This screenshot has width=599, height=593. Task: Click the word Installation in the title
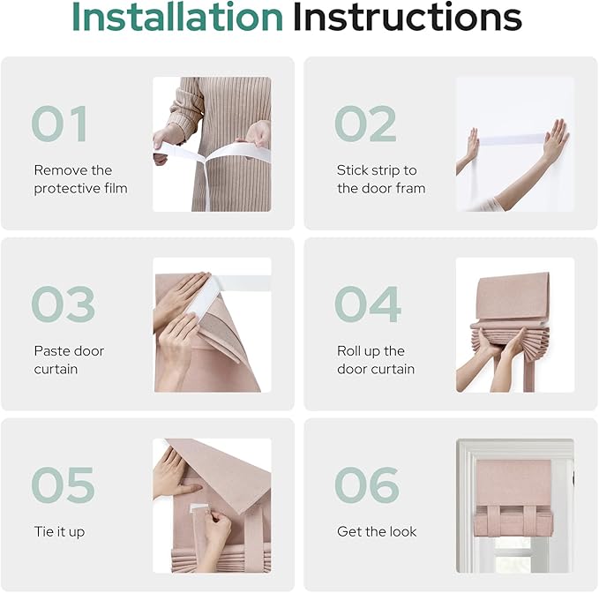[x=176, y=17]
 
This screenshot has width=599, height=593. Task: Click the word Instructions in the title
[x=408, y=17]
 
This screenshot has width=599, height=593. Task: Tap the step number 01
[x=60, y=124]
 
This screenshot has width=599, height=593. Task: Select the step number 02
[x=365, y=124]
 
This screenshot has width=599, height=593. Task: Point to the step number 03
[x=63, y=304]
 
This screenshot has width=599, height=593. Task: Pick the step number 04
[x=368, y=304]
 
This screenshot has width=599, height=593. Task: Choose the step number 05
[x=63, y=484]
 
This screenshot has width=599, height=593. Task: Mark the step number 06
[x=367, y=484]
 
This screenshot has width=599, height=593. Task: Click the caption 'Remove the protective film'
[x=80, y=179]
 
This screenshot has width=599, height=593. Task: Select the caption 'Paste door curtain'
[x=69, y=360]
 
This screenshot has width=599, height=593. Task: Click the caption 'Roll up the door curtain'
[x=376, y=360]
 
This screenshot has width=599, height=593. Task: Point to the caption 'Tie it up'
[x=59, y=531]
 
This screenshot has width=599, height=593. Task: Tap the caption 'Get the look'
[x=377, y=531]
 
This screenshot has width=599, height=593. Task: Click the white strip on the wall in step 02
[x=512, y=139]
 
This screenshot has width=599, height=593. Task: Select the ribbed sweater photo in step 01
[x=212, y=145]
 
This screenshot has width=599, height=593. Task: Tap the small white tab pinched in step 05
[x=198, y=508]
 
